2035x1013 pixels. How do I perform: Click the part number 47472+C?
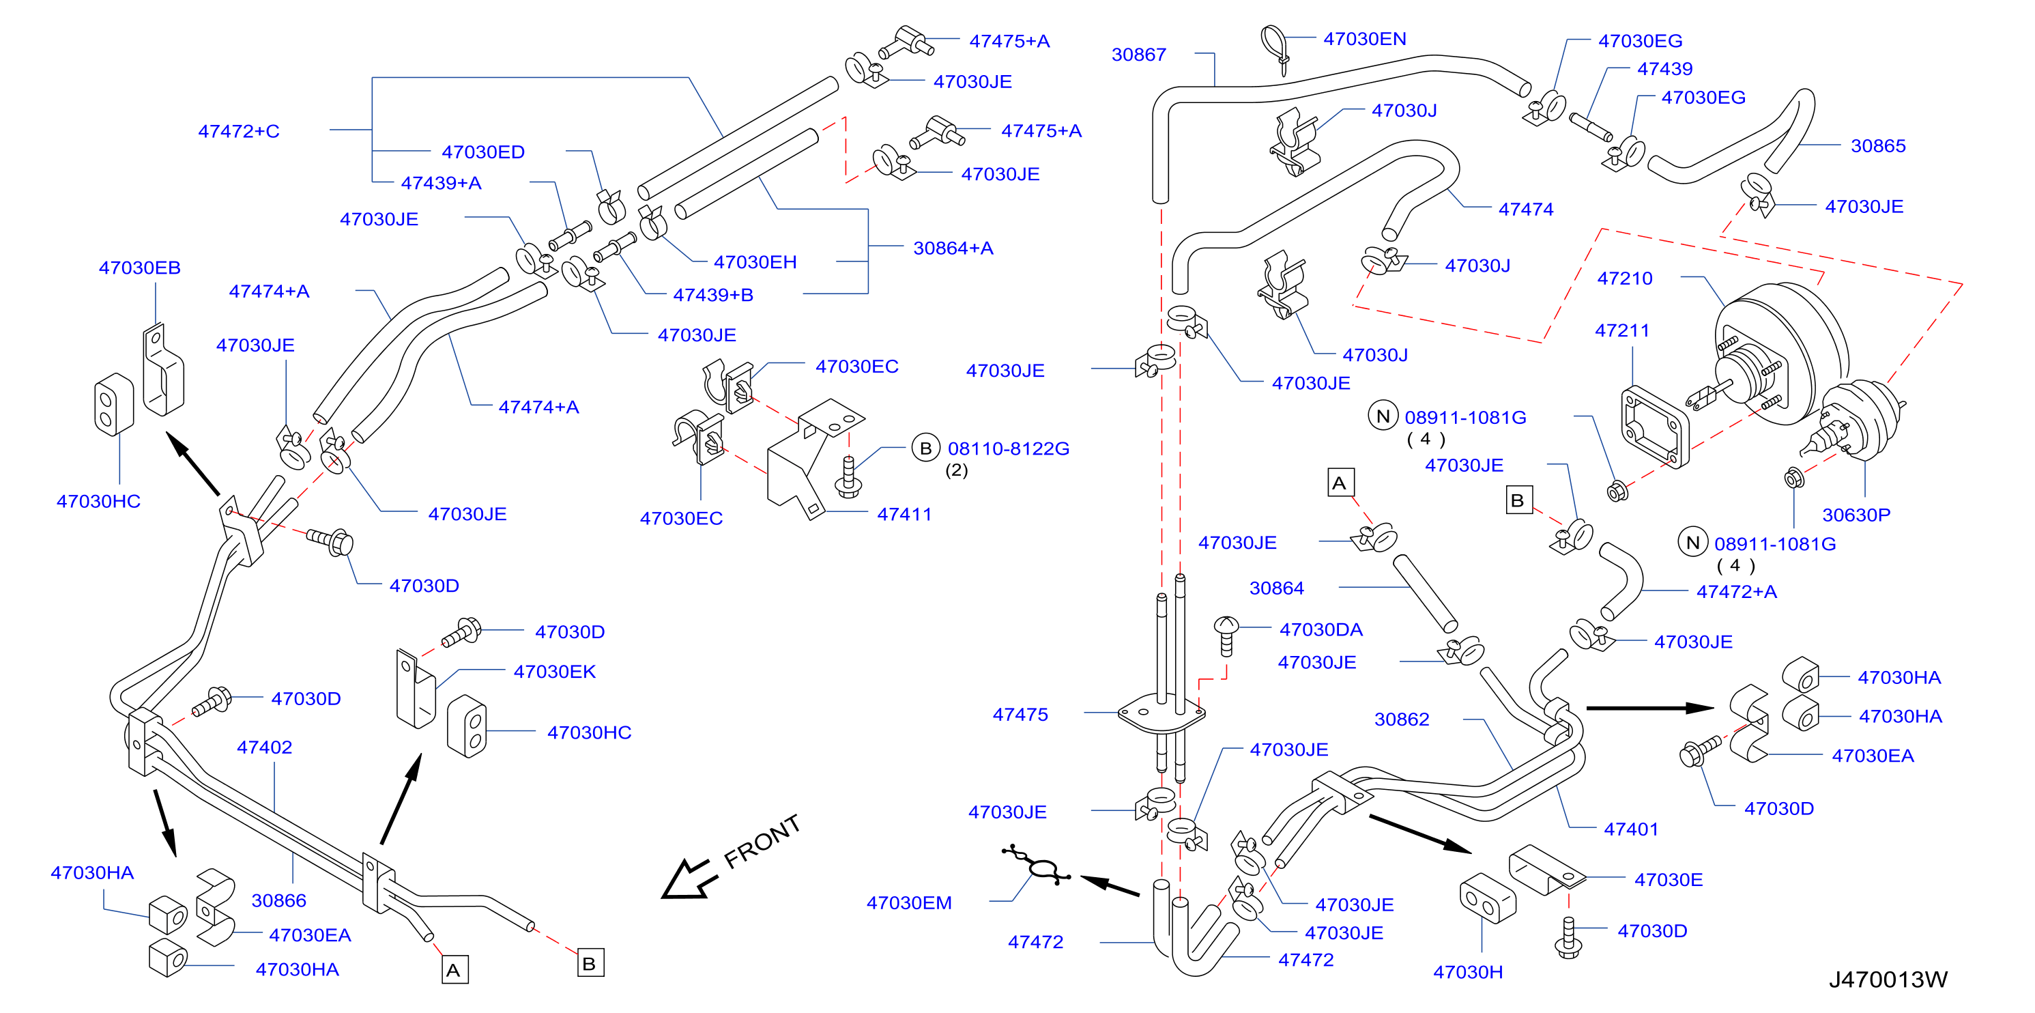pos(239,131)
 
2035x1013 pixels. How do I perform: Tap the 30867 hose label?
pos(1138,55)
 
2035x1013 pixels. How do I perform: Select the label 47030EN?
pos(1364,39)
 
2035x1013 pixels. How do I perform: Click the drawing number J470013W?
pos(1888,980)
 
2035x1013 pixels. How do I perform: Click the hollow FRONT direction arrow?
pos(688,879)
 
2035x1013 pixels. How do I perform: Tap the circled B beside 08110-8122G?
pos(926,448)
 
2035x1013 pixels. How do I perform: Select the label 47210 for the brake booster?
pos(1624,278)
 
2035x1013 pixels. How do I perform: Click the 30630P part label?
pos(1856,515)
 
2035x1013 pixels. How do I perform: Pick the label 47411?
pos(904,515)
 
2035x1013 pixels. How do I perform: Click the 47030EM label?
pos(908,902)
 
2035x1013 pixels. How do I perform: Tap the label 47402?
pos(264,747)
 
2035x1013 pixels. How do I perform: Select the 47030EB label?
pos(140,268)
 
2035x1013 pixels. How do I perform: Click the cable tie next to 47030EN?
pos(1274,47)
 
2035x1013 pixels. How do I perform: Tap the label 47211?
pos(1622,330)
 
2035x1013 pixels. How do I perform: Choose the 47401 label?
pos(1630,829)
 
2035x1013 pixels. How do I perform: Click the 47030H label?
pos(1468,972)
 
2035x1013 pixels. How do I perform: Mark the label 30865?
pos(1878,146)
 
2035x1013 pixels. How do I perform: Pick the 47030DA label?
pos(1321,630)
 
